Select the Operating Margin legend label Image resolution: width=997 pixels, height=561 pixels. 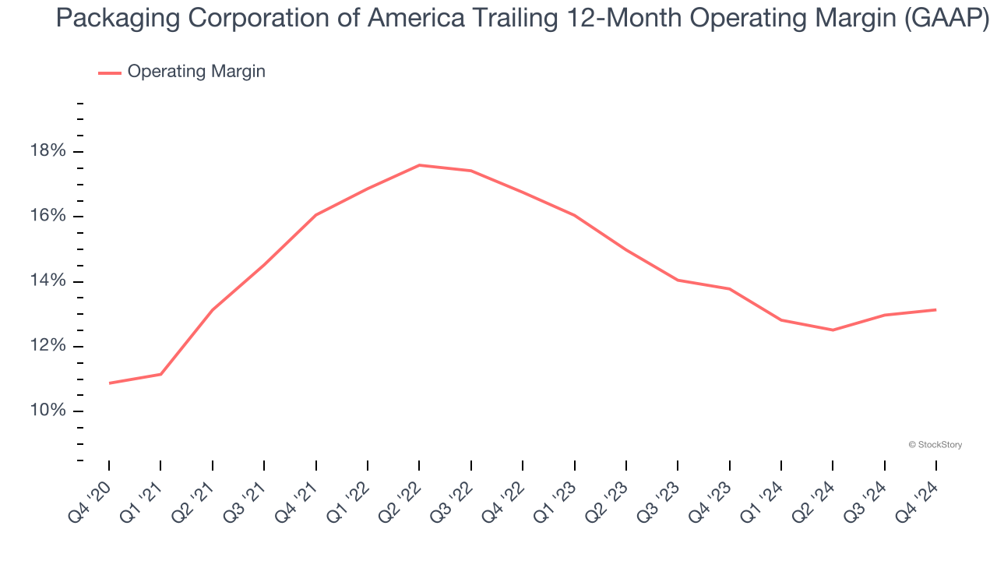pos(196,72)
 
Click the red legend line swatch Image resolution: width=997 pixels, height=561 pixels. pos(109,72)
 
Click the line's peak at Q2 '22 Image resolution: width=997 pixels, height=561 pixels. pos(419,165)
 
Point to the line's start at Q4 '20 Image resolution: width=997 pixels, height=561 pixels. pos(109,383)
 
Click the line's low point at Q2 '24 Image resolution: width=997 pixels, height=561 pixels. pos(833,330)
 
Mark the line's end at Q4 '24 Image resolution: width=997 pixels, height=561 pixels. pos(935,310)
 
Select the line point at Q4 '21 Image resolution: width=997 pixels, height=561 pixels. pos(315,215)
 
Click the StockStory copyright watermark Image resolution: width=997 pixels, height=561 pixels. pos(935,445)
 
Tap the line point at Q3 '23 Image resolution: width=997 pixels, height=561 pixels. pos(678,280)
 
